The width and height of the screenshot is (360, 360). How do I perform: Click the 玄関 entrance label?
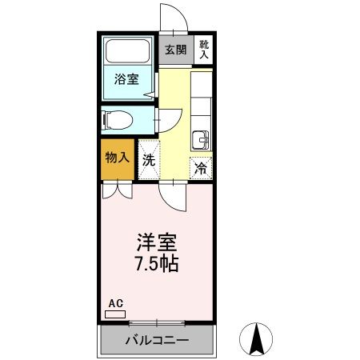tap(175, 50)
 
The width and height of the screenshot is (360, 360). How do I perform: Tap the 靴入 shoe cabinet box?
tap(204, 50)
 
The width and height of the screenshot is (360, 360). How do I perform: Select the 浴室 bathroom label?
tap(126, 79)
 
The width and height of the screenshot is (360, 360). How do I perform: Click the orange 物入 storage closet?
tap(118, 157)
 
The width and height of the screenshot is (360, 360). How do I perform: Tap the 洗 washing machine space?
tap(149, 158)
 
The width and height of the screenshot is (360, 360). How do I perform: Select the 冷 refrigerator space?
tap(202, 168)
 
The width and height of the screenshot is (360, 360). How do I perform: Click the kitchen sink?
tap(202, 141)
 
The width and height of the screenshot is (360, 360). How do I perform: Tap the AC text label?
tap(115, 303)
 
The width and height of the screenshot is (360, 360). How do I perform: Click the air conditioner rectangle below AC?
tap(115, 314)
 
